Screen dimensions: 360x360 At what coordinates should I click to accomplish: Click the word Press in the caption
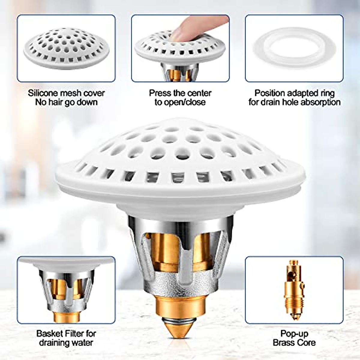[x=160, y=93]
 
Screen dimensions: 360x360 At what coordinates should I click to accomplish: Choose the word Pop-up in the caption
[x=294, y=333]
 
